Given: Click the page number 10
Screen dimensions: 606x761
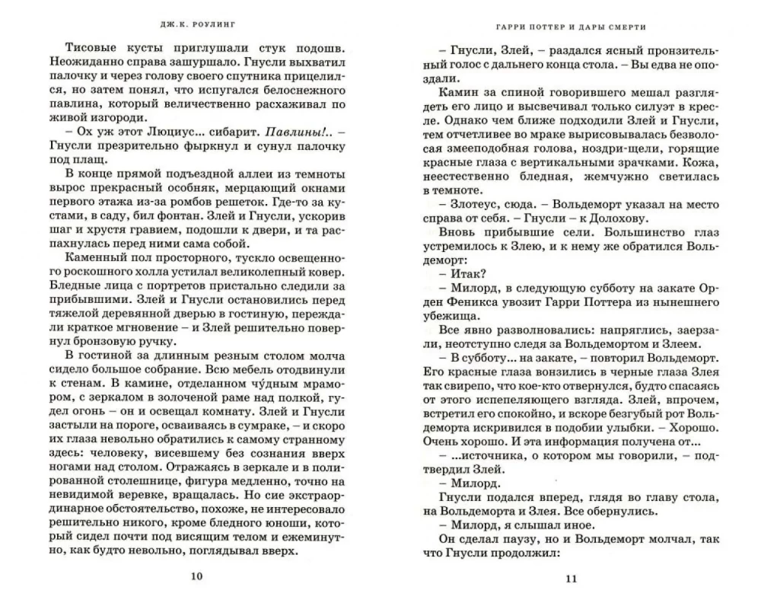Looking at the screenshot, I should pyautogui.click(x=196, y=576).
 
